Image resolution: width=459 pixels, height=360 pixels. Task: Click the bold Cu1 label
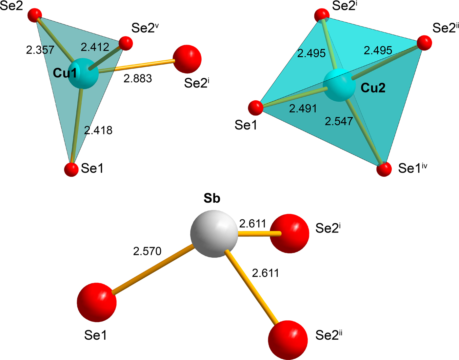pyautogui.click(x=65, y=73)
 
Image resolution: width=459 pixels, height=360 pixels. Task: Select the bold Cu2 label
pyautogui.click(x=373, y=88)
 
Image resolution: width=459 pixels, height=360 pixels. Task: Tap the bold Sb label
pyautogui.click(x=212, y=198)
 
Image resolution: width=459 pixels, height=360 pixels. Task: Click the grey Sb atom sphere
pyautogui.click(x=214, y=233)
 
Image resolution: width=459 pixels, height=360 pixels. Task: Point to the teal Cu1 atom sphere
pyautogui.click(x=84, y=73)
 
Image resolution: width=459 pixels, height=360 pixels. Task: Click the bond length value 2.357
pyautogui.click(x=40, y=50)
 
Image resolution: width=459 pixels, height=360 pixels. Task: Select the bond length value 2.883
pyautogui.click(x=138, y=79)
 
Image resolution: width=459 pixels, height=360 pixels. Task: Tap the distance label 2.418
pyautogui.click(x=98, y=130)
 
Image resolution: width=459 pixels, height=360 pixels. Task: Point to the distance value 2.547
pyautogui.click(x=339, y=121)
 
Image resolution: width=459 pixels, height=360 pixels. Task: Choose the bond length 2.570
pyautogui.click(x=147, y=251)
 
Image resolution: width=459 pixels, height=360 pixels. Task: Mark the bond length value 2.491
pyautogui.click(x=303, y=109)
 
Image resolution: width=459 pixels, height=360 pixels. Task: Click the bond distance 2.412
pyautogui.click(x=95, y=47)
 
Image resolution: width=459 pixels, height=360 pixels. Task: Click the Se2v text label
pyautogui.click(x=145, y=28)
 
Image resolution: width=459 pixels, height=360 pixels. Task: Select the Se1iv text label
pyautogui.click(x=412, y=168)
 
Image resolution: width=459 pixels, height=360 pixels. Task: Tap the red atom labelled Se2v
pyautogui.click(x=126, y=43)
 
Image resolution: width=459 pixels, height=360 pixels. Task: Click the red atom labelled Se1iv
pyautogui.click(x=384, y=169)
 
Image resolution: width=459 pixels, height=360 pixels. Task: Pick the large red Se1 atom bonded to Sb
pyautogui.click(x=97, y=302)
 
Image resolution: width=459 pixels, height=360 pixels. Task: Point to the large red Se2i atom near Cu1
pyautogui.click(x=187, y=59)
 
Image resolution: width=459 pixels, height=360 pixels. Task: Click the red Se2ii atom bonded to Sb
pyautogui.click(x=288, y=340)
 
